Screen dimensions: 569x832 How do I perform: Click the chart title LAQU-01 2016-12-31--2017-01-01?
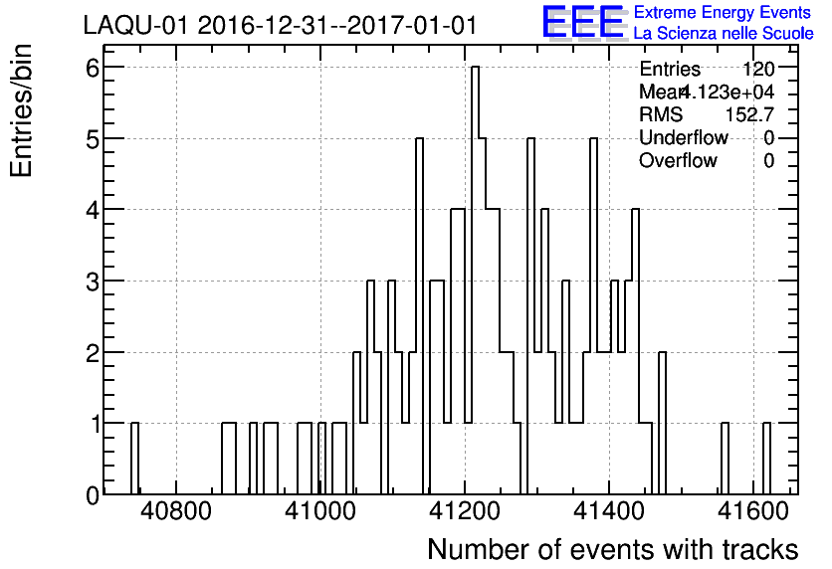click(x=280, y=24)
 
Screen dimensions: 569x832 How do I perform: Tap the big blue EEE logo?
click(x=583, y=22)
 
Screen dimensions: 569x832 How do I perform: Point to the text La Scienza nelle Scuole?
click(x=724, y=33)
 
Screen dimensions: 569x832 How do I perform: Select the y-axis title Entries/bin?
click(x=22, y=110)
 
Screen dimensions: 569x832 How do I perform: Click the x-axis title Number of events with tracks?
click(x=612, y=549)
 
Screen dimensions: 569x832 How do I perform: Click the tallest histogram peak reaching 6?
click(x=475, y=70)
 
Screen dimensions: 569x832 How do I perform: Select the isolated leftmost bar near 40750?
click(x=134, y=458)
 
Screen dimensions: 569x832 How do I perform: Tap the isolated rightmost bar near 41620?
click(x=766, y=458)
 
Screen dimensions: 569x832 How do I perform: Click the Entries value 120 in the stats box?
click(x=758, y=70)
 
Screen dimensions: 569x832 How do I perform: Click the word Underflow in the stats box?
click(x=684, y=138)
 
